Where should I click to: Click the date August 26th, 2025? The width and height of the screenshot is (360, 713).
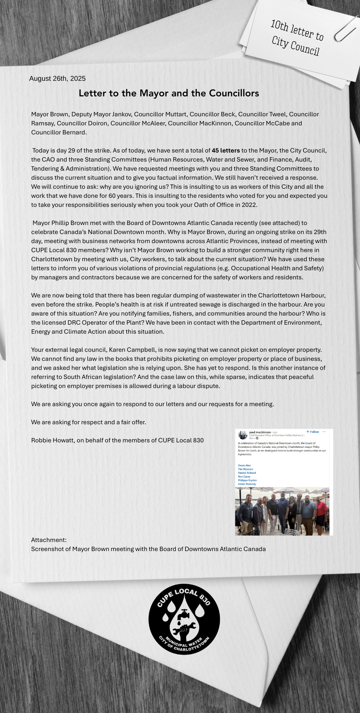(57, 79)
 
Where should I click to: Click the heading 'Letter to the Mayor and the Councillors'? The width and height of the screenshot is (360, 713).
(169, 93)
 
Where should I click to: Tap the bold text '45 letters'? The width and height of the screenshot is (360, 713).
(225, 150)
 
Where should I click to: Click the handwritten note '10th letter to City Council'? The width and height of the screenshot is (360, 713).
(297, 37)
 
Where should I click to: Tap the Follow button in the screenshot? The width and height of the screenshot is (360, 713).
(313, 432)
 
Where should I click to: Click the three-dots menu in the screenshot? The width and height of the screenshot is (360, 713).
(324, 431)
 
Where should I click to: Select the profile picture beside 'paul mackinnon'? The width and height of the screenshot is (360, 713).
(243, 435)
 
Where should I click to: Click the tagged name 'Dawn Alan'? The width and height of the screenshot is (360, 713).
(244, 466)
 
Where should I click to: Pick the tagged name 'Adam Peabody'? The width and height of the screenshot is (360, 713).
(247, 484)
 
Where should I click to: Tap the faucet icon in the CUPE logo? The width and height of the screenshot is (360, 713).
(184, 614)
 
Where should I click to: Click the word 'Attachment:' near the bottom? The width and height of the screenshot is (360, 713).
(49, 540)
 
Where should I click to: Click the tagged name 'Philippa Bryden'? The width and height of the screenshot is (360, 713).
(247, 480)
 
